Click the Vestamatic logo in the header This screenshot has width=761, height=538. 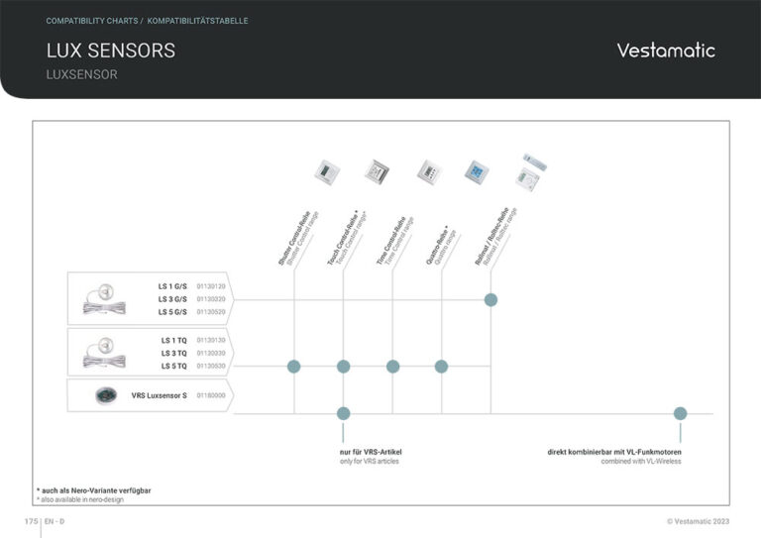coord(665,51)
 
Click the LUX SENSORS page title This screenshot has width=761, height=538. coord(111,51)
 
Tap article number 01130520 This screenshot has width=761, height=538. coord(211,312)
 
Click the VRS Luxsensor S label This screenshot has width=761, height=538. coord(159,395)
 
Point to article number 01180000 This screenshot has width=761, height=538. coord(211,395)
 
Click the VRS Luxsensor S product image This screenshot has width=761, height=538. coord(106,395)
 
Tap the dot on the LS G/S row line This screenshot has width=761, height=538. coord(490,299)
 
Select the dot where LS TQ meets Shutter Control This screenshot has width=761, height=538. coord(294,367)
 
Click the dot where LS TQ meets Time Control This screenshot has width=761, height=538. coord(392,367)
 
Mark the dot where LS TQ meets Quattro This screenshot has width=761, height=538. coord(441,367)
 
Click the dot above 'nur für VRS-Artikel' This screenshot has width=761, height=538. coord(343,413)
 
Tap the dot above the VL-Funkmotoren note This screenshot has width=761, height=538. coord(680,413)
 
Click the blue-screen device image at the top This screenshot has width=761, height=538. coord(477,172)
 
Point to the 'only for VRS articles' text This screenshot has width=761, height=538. coord(370,462)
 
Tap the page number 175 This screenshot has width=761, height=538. coord(31,521)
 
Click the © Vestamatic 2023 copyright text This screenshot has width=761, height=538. coord(698,521)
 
